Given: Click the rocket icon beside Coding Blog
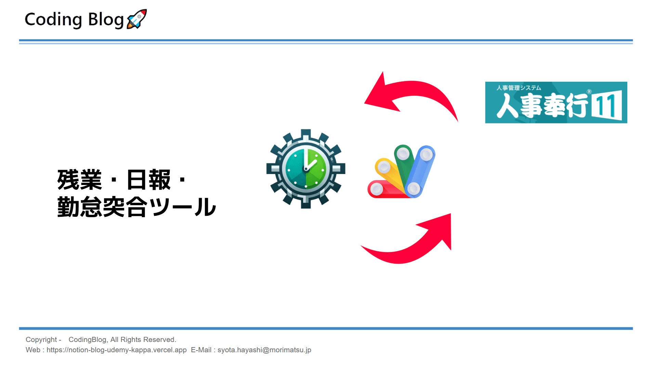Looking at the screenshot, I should (137, 19).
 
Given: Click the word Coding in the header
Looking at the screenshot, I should (53, 19).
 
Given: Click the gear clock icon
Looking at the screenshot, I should (305, 169).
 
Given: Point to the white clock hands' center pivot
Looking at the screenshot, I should (306, 169).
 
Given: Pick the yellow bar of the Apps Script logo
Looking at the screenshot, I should (390, 174).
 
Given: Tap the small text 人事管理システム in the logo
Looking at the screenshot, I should (519, 88).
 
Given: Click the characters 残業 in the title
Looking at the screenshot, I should (79, 180).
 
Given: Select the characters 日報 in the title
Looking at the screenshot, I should (148, 180).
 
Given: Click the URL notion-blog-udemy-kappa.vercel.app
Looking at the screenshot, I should (116, 350).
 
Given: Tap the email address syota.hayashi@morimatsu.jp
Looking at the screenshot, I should (264, 350).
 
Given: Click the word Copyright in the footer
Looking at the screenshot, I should (41, 340).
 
